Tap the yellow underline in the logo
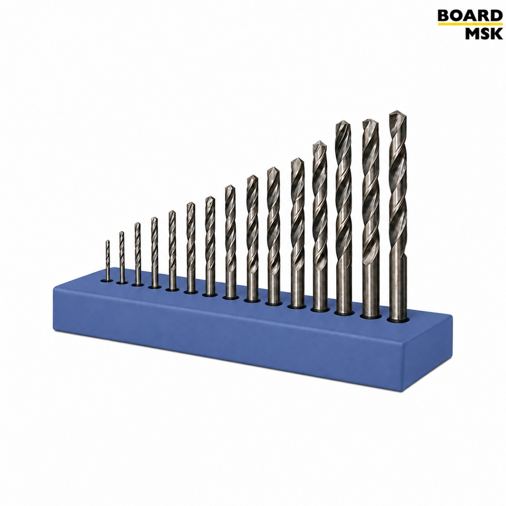(x=470, y=24)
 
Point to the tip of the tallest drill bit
(x=396, y=111)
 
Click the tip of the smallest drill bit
(x=108, y=241)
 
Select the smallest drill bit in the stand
(x=108, y=261)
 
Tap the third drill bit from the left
(x=137, y=254)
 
